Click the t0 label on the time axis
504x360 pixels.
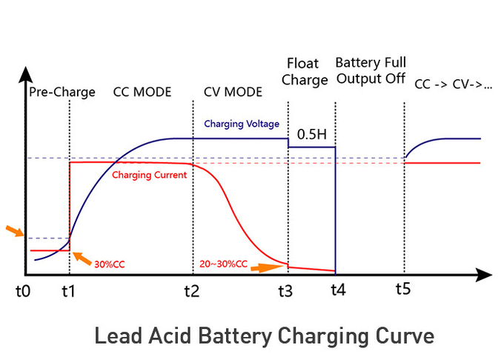tap(23, 291)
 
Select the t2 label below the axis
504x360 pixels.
tap(192, 291)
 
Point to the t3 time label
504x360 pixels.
tap(285, 291)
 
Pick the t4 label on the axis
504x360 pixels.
tap(337, 291)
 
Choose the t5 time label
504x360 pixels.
tap(403, 288)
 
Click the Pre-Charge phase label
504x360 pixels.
tap(62, 93)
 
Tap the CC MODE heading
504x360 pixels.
tap(142, 93)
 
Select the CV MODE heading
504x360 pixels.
tap(233, 93)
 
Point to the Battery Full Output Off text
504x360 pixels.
tap(370, 70)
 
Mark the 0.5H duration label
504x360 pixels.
tap(311, 136)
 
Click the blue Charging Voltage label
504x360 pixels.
tap(242, 124)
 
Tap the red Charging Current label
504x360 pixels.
tap(149, 176)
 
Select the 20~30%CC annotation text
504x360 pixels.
tap(224, 264)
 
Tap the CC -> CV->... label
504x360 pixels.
tap(454, 84)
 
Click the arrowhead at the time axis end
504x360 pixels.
tap(485, 275)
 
